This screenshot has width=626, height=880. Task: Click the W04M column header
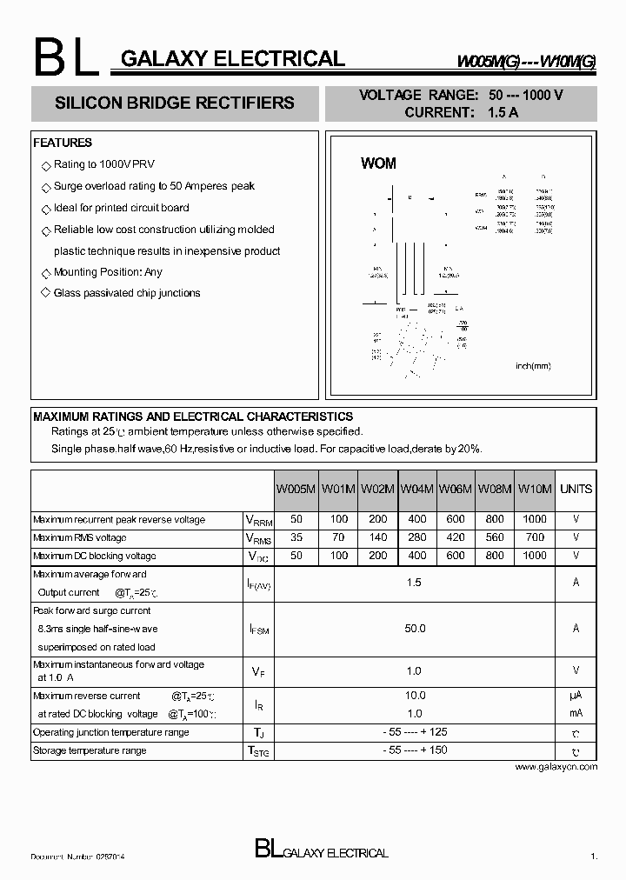[x=416, y=490]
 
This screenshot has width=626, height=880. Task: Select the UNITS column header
[x=576, y=490]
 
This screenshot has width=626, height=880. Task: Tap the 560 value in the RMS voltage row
[x=494, y=538]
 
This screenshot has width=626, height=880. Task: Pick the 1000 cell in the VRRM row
[x=535, y=520]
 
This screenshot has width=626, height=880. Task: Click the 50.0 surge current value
[x=415, y=629]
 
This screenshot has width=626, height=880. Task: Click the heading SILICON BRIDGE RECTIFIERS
[x=175, y=103]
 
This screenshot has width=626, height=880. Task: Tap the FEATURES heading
[x=63, y=143]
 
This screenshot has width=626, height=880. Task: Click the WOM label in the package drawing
[x=378, y=163]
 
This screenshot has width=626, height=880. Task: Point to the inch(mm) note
[x=533, y=366]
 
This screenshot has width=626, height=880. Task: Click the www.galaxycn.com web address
[x=556, y=767]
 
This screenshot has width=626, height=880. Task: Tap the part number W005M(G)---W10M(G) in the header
[x=527, y=62]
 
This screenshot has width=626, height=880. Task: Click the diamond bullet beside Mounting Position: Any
[x=46, y=273]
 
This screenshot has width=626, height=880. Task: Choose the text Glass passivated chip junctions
[x=127, y=294]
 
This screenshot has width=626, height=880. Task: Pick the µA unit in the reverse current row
[x=576, y=696]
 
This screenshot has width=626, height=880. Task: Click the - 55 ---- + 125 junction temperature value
[x=415, y=732]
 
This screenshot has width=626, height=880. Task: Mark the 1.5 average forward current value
[x=415, y=583]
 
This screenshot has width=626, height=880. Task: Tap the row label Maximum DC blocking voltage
[x=95, y=557]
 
